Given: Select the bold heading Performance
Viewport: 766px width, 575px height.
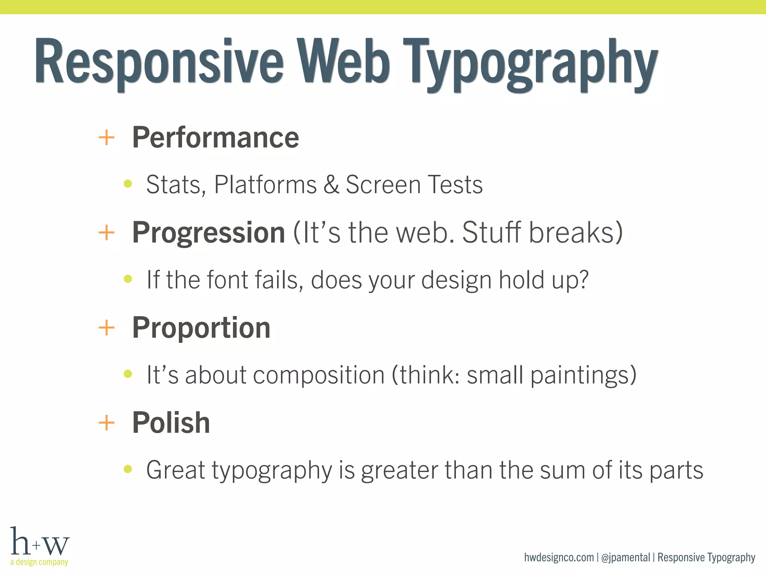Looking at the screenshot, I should pos(215,137).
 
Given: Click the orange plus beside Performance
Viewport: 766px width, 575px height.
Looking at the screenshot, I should pos(106,137).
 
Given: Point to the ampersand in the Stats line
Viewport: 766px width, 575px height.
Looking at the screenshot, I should pos(331,185).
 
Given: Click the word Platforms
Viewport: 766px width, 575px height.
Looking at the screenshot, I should pos(265,185).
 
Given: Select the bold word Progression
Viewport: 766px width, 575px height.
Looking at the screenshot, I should pos(208,232).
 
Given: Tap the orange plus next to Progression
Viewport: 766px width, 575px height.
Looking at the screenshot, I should pos(106,232).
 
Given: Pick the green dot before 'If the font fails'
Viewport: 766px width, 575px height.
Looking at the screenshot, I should pos(128,279).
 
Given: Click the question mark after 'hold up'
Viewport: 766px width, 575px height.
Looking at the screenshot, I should pos(582,279).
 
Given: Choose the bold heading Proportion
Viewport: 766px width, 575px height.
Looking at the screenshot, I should pos(201,328).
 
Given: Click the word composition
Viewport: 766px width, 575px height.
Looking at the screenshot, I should pos(319,375).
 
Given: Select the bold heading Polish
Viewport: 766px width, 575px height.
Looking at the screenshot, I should pos(171,423).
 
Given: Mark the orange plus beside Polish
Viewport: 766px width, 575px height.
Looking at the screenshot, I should pos(106,423).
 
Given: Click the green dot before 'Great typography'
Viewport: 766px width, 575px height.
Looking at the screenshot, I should pos(128,469).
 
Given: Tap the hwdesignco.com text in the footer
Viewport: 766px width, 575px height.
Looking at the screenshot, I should pos(559,557).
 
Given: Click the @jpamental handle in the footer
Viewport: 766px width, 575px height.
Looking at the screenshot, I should pos(625,557).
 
